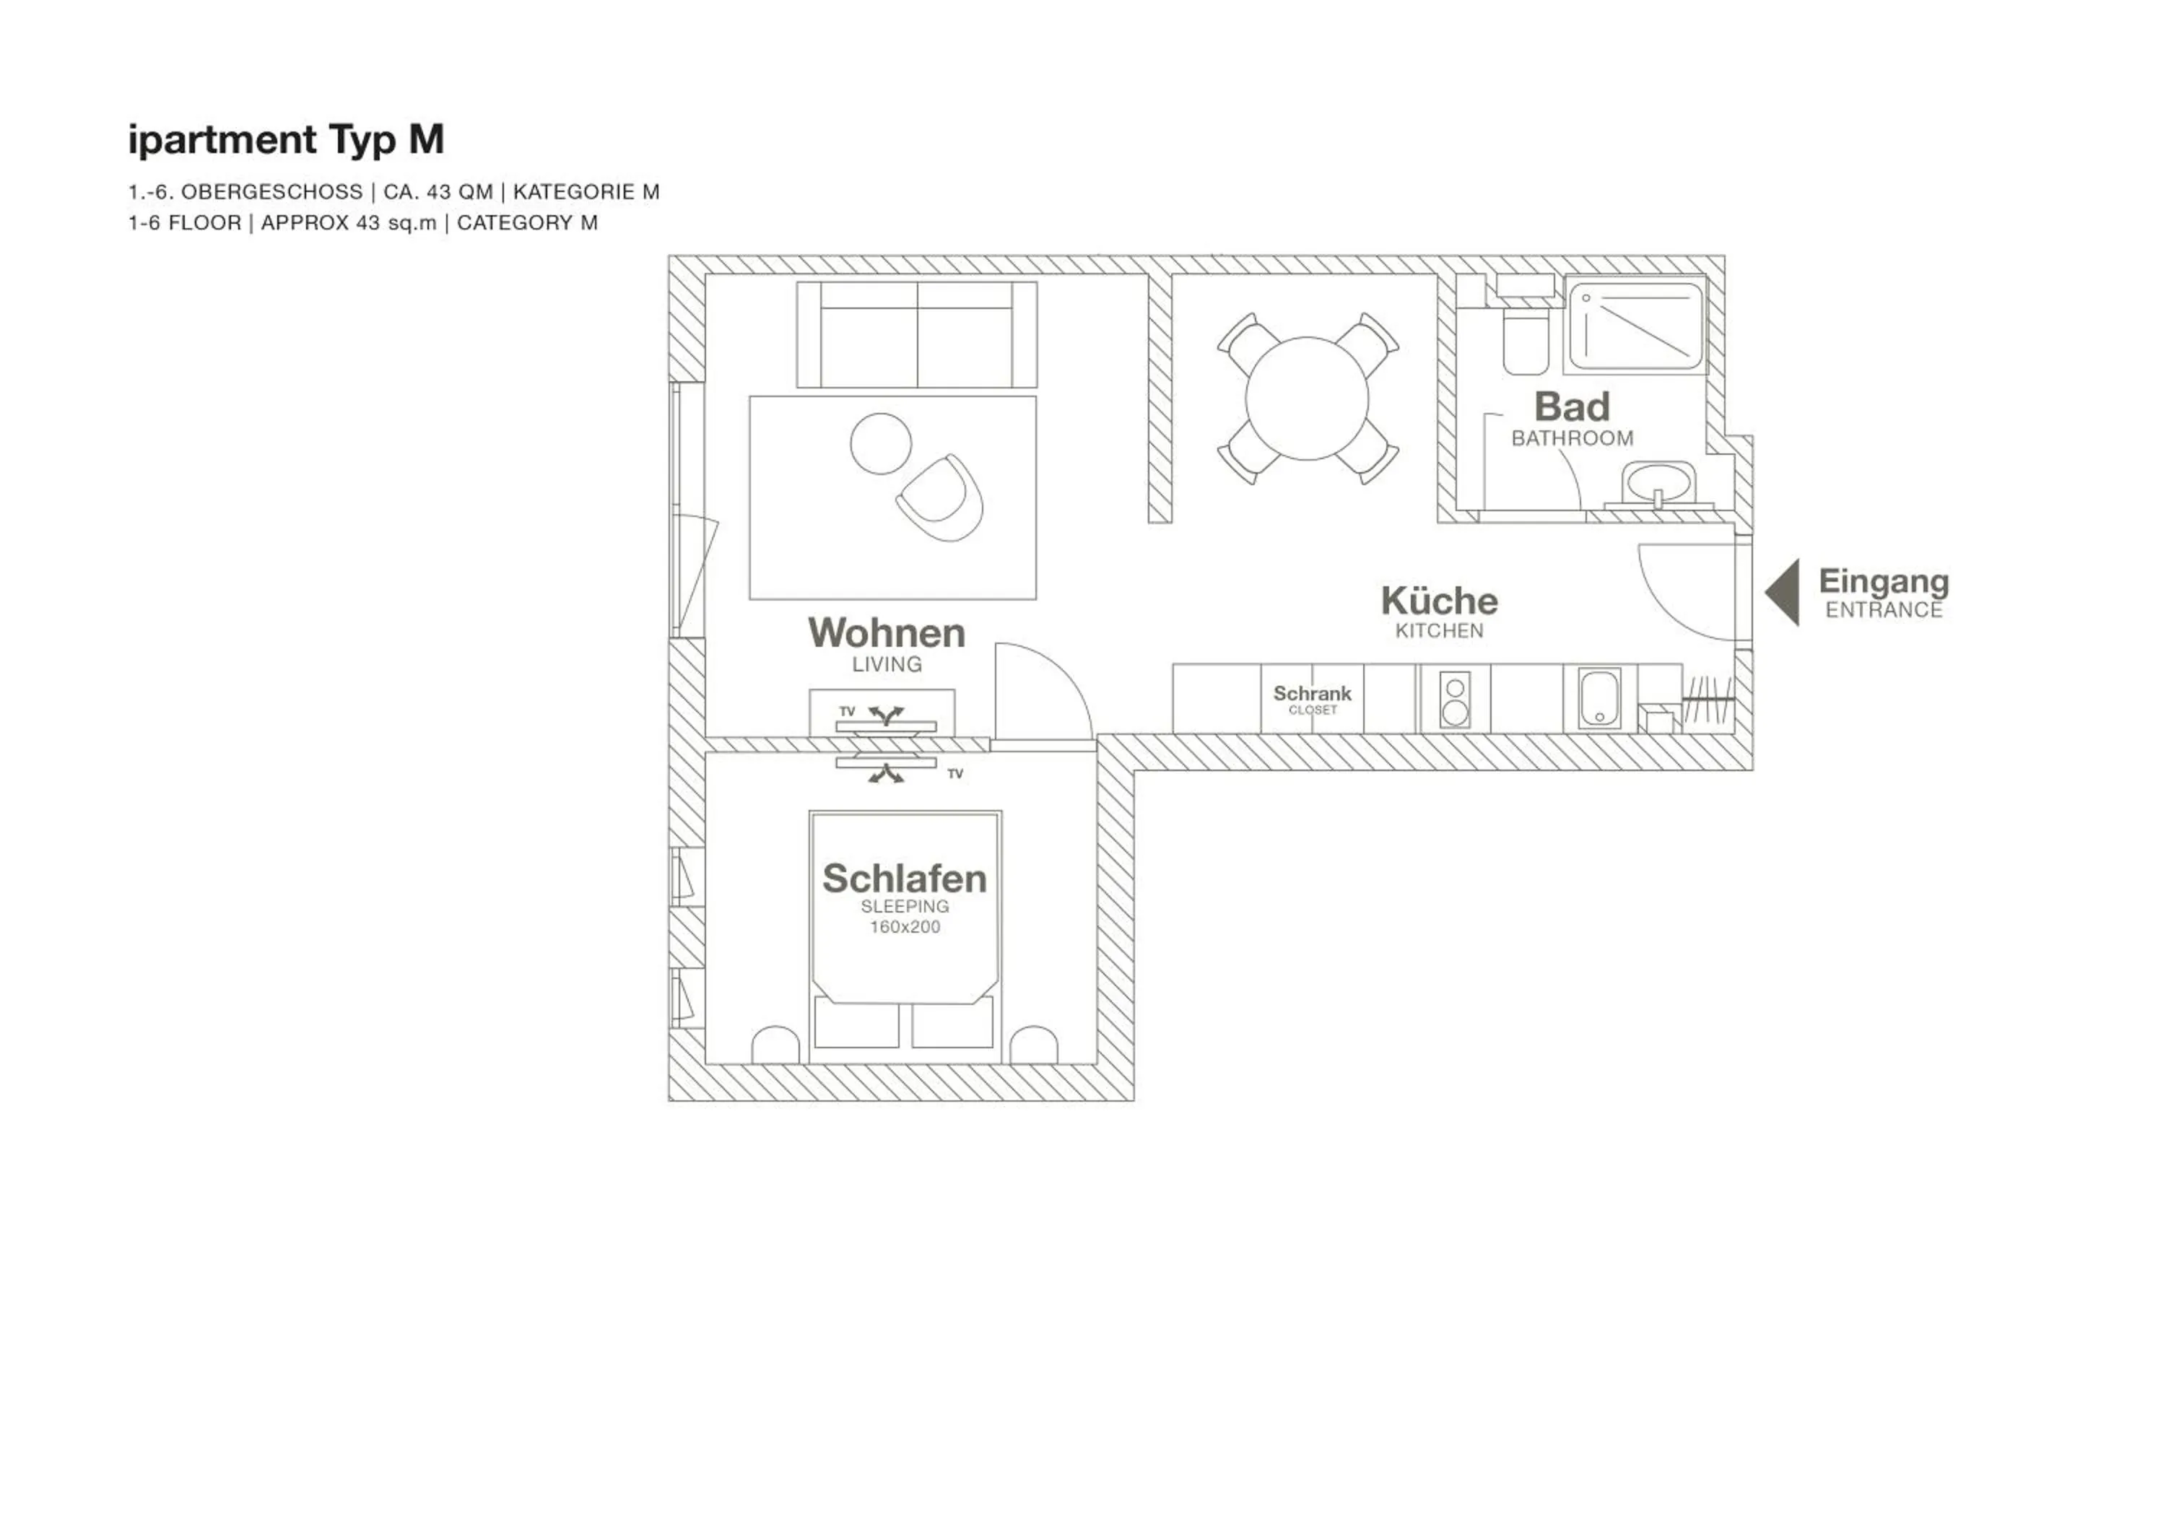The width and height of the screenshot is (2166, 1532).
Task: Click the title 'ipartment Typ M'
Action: [x=286, y=139]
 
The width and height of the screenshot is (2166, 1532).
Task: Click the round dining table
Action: [x=1307, y=398]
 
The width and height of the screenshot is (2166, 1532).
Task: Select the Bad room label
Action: [x=1572, y=407]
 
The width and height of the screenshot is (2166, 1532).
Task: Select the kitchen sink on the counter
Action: [x=1599, y=699]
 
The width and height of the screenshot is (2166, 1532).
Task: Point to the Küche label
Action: [x=1439, y=601]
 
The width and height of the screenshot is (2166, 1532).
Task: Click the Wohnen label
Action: [x=886, y=633]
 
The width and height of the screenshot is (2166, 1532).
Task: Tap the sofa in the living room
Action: [x=916, y=335]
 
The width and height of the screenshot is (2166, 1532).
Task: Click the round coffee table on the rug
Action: [x=880, y=443]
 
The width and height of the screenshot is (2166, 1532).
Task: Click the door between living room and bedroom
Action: [x=1038, y=693]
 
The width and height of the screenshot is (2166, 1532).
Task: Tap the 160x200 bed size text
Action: [x=904, y=927]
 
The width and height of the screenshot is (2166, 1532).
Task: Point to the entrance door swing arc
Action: [x=1684, y=594]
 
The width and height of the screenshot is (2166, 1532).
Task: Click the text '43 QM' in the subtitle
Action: [x=459, y=193]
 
